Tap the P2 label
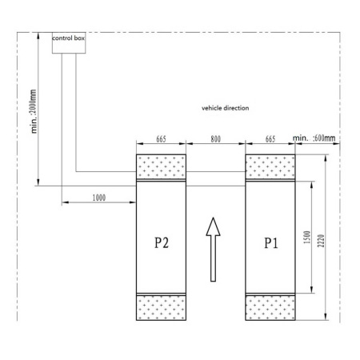click(x=162, y=242)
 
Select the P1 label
click(x=271, y=242)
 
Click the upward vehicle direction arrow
click(x=213, y=250)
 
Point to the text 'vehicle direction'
click(x=226, y=108)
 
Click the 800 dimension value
click(x=216, y=139)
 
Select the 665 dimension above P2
click(x=161, y=139)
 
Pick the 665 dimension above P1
click(x=270, y=139)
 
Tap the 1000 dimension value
click(x=99, y=198)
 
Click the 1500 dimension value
click(x=307, y=237)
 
